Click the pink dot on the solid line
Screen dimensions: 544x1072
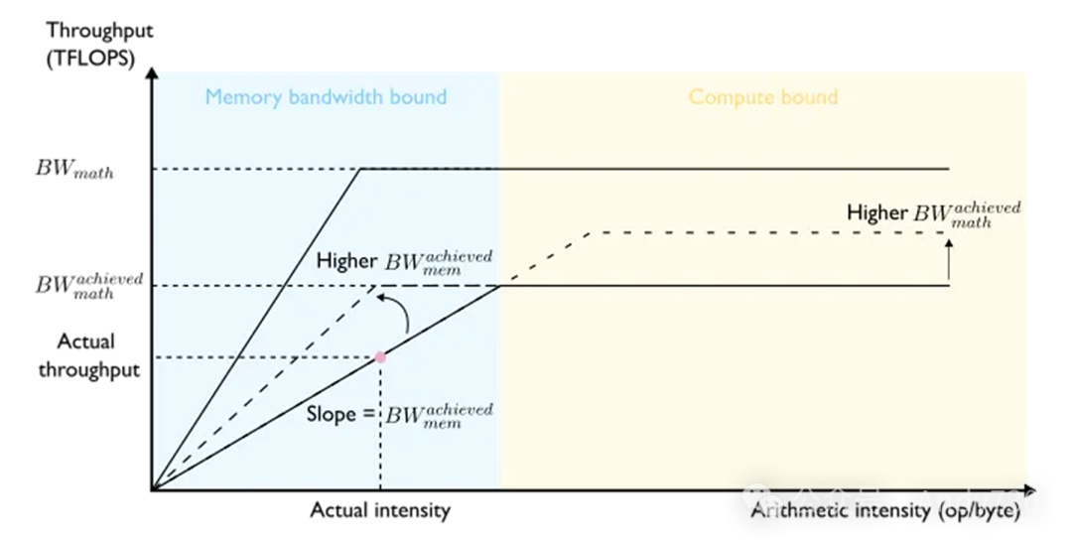[x=380, y=356]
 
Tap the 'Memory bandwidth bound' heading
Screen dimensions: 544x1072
[x=326, y=97]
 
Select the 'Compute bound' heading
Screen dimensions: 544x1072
[x=763, y=97]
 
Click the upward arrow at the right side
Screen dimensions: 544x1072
[x=949, y=260]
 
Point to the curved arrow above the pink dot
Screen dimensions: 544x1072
[x=398, y=312]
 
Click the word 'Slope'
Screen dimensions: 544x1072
[x=331, y=415]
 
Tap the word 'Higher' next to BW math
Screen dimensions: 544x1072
[x=876, y=212]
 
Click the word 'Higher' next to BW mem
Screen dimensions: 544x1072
[x=346, y=261]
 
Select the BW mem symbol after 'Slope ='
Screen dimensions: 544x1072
[x=439, y=415]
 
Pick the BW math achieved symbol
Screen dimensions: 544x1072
[x=967, y=214]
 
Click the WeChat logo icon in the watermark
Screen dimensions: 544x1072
[x=763, y=500]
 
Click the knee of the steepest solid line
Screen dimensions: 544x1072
[x=361, y=170]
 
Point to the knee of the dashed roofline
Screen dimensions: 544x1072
[x=591, y=233]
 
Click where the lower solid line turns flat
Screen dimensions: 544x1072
[x=498, y=286]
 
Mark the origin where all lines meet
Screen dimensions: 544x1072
[x=156, y=487]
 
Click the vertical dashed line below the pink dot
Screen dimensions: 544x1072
[x=380, y=427]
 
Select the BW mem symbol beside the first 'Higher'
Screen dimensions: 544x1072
[x=438, y=262]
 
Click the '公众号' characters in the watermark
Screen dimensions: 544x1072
[x=837, y=502]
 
